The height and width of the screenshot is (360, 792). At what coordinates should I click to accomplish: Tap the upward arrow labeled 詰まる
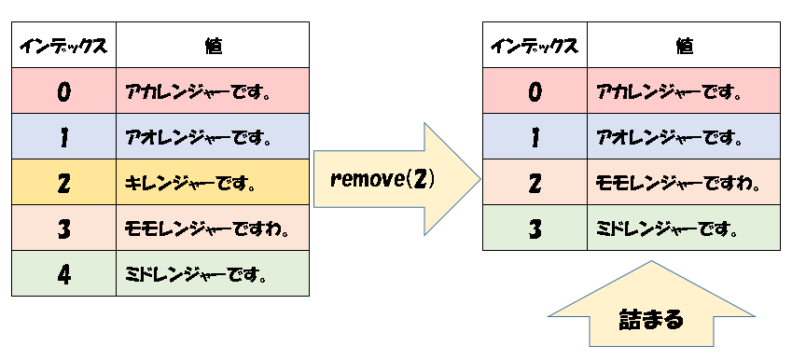[651, 318]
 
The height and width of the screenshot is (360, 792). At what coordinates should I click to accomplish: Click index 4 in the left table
[63, 274]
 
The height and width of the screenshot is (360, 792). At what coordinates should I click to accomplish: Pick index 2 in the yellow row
[63, 183]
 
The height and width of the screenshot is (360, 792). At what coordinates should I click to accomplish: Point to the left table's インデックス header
[63, 45]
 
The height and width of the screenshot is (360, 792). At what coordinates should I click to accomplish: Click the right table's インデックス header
[535, 45]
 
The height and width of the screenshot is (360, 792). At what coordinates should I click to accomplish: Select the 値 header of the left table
[213, 45]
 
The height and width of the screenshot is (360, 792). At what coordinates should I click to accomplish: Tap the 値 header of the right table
[684, 45]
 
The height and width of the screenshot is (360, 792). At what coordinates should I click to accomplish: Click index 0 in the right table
[535, 91]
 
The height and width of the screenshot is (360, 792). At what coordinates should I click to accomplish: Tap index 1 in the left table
[63, 137]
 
